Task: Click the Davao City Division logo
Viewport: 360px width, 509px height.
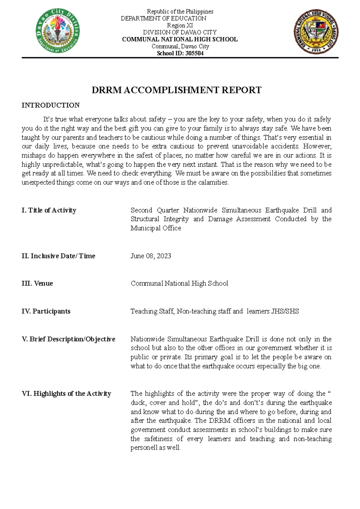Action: pos(58,31)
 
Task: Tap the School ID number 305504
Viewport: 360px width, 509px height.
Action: pos(194,53)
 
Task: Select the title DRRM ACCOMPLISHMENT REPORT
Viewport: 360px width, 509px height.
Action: pos(176,90)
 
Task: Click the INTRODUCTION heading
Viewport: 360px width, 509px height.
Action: pos(50,105)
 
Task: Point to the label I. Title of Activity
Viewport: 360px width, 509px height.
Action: pos(49,210)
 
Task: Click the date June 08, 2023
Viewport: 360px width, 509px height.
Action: pos(151,256)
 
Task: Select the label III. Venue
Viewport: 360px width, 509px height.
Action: pos(37,283)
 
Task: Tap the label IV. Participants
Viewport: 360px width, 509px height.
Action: pos(46,311)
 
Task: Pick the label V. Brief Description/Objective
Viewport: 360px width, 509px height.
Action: pos(68,339)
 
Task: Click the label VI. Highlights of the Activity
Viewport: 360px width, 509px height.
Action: pos(66,393)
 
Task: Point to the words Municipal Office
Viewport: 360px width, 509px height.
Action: pos(156,228)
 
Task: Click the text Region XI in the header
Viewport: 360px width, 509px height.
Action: pos(180,25)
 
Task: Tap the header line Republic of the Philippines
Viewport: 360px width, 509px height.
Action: pos(180,11)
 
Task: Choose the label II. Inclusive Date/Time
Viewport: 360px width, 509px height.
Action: pos(58,256)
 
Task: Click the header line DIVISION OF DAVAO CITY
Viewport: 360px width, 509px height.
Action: pos(180,32)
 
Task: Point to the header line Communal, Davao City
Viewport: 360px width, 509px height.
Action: pos(180,46)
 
